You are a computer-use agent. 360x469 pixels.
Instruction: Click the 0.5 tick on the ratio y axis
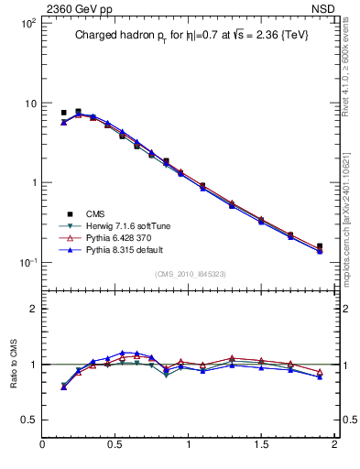[28, 420]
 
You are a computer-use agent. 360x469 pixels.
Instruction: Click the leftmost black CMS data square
[63, 113]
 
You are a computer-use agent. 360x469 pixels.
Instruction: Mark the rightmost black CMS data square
[320, 246]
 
